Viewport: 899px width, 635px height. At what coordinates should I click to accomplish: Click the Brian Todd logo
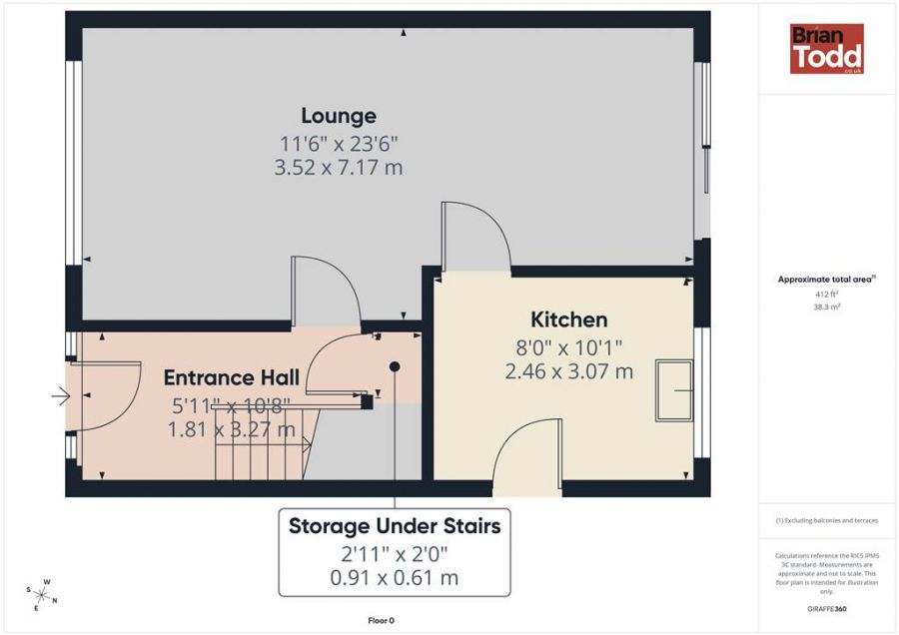tap(826, 49)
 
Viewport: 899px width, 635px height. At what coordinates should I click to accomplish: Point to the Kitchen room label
tap(568, 319)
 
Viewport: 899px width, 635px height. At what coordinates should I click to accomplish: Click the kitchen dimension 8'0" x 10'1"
tap(568, 347)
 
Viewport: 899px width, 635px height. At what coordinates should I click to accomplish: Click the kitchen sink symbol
tap(673, 390)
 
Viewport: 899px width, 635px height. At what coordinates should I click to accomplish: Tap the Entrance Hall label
tap(231, 378)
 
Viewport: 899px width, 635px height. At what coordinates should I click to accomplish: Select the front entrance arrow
tap(61, 397)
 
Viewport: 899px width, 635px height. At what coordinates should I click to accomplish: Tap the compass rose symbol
tap(43, 595)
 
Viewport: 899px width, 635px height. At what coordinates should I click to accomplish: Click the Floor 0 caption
tap(381, 620)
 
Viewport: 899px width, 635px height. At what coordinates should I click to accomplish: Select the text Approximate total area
tap(825, 281)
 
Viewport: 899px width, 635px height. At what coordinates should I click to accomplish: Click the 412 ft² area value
tap(825, 295)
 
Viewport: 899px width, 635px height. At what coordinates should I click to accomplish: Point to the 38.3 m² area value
tap(825, 308)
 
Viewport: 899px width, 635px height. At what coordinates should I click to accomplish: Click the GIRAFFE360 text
tap(826, 608)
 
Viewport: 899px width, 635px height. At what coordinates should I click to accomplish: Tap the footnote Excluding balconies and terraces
tap(825, 521)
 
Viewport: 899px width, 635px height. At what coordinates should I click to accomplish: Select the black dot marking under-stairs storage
tap(395, 366)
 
